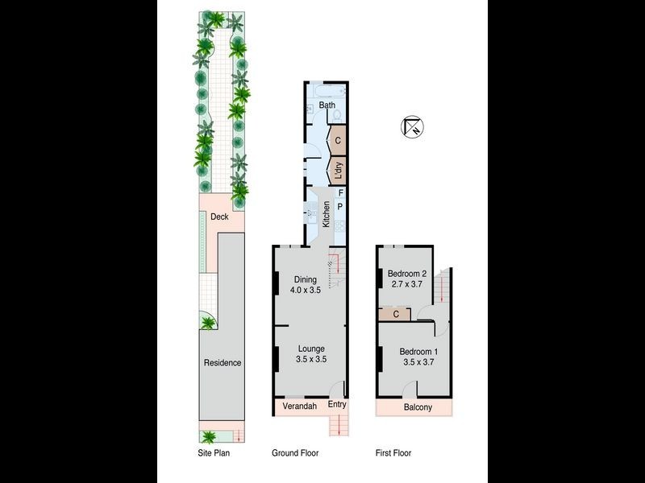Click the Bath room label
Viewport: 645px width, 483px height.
pos(327,105)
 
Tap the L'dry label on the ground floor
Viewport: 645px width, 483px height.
pos(339,171)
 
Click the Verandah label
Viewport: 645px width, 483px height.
pos(299,407)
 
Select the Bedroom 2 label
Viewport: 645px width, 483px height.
pos(406,273)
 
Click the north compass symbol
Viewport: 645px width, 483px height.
pos(412,126)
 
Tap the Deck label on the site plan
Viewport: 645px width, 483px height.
pos(219,217)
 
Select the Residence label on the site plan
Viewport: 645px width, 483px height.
pos(222,363)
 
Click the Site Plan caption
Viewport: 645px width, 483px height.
pos(214,453)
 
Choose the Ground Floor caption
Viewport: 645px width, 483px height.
pos(295,453)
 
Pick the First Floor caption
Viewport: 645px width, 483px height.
pos(393,453)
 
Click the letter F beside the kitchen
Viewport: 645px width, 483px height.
pos(340,193)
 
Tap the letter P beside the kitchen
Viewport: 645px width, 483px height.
pos(340,207)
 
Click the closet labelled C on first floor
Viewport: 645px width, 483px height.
pos(397,314)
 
